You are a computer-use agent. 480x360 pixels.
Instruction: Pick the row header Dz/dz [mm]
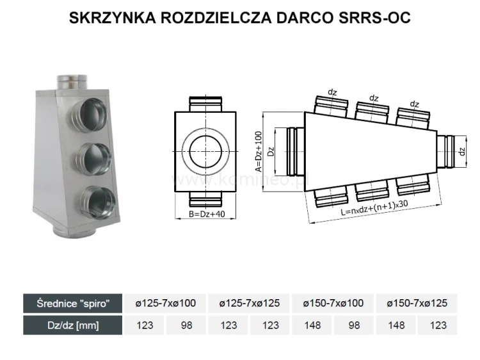tap(72, 325)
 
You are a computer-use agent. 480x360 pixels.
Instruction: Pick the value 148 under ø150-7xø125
tap(396, 325)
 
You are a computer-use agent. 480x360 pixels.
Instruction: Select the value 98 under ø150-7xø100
tap(355, 325)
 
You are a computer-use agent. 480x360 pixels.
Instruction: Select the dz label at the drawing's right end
tap(462, 151)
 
